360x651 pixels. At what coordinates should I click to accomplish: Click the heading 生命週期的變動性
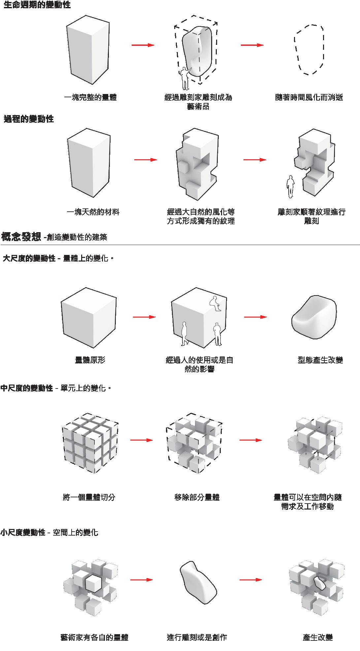coord(37,5)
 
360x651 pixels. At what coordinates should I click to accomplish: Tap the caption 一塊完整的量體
coord(90,97)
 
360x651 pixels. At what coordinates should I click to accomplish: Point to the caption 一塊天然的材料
coord(93,212)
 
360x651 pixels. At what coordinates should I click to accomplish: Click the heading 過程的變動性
coord(29,119)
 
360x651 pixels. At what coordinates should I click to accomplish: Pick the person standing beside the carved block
coord(290,187)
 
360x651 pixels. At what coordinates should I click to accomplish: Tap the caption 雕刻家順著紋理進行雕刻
coord(311,216)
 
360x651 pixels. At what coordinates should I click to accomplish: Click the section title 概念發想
coord(21,237)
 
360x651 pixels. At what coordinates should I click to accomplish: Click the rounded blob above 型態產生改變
coord(314,317)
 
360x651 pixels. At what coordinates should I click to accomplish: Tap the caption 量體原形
coord(90,360)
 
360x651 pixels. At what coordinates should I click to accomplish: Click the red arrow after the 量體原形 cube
coord(144,317)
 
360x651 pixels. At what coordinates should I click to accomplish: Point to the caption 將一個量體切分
coord(89,497)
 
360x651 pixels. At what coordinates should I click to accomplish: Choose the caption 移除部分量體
coord(197,497)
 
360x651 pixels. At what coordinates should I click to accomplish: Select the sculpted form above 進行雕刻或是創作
coord(198,582)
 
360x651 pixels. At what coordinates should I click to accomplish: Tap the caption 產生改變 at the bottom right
coord(317,637)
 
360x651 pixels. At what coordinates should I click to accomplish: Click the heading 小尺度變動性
coord(23,532)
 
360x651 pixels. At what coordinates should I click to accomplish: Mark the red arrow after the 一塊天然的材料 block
coord(146,160)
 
